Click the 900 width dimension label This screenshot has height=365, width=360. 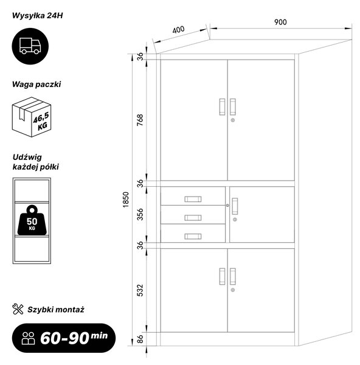pyautogui.click(x=280, y=22)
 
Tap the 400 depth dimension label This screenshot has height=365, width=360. pyautogui.click(x=179, y=30)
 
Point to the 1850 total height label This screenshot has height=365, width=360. pyautogui.click(x=126, y=200)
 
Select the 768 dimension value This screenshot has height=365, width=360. pyautogui.click(x=140, y=120)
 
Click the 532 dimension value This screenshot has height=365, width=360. pyautogui.click(x=140, y=290)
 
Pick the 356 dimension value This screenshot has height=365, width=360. pyautogui.click(x=140, y=214)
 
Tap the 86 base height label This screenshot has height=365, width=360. pyautogui.click(x=140, y=339)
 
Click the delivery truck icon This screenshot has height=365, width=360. pyautogui.click(x=30, y=46)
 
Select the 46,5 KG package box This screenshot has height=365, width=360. pyautogui.click(x=32, y=117)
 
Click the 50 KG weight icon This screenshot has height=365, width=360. pyautogui.click(x=32, y=220)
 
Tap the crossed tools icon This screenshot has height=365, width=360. pyautogui.click(x=18, y=309)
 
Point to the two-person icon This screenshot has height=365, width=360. pyautogui.click(x=28, y=338)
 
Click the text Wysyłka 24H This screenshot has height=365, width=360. pyautogui.click(x=38, y=16)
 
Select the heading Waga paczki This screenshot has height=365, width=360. pyautogui.click(x=36, y=85)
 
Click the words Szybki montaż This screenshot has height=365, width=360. pyautogui.click(x=56, y=310)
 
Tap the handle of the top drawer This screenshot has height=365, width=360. pyautogui.click(x=193, y=199)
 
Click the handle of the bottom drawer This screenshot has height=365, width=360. pyautogui.click(x=193, y=236)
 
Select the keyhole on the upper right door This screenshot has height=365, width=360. pyautogui.click(x=233, y=120)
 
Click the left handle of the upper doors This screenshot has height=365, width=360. pyautogui.click(x=222, y=107)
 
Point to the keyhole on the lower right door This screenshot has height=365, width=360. pyautogui.click(x=233, y=290)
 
